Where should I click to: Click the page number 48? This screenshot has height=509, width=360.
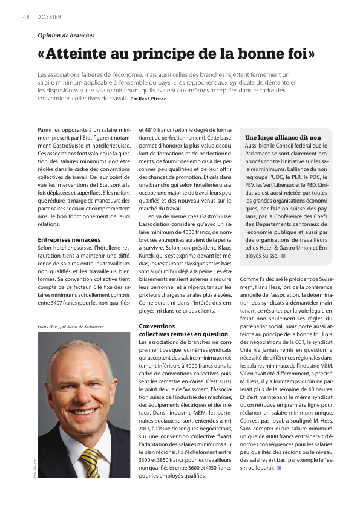pyautogui.click(x=25, y=16)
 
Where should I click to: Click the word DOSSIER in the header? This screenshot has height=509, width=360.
pyautogui.click(x=50, y=16)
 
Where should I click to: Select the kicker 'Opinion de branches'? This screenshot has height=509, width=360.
pyautogui.click(x=65, y=36)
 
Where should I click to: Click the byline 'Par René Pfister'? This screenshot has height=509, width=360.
pyautogui.click(x=148, y=99)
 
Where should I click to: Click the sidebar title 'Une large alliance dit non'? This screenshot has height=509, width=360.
pyautogui.click(x=283, y=138)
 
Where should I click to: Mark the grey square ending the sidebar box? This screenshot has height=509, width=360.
pyautogui.click(x=283, y=256)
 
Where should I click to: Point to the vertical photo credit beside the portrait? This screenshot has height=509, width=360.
pyautogui.click(x=34, y=468)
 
